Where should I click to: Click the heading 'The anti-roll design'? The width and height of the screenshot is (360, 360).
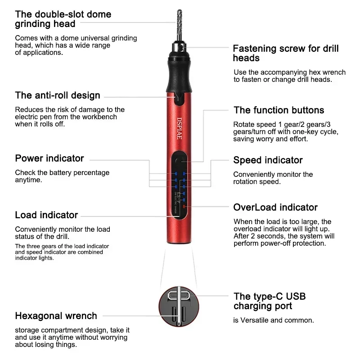click(x=58, y=95)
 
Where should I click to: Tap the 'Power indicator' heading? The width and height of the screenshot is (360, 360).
click(x=49, y=158)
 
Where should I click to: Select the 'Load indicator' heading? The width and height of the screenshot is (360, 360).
click(x=46, y=215)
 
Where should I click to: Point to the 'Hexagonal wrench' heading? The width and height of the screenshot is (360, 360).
click(x=56, y=316)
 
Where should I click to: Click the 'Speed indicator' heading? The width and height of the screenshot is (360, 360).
click(x=268, y=160)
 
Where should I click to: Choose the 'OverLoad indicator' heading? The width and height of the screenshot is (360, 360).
click(x=275, y=207)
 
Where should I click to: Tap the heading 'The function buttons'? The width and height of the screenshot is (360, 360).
click(x=279, y=110)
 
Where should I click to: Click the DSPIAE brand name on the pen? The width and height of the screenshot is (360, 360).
click(x=179, y=128)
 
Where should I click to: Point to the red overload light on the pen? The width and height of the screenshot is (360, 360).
click(x=184, y=207)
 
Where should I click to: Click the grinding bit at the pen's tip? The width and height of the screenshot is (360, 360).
click(x=180, y=25)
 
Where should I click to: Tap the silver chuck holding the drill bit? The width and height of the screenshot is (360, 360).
click(x=179, y=47)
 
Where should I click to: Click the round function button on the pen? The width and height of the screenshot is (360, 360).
click(x=179, y=161)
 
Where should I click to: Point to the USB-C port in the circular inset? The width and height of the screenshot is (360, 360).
click(x=179, y=296)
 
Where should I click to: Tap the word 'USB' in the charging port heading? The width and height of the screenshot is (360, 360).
click(x=296, y=297)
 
